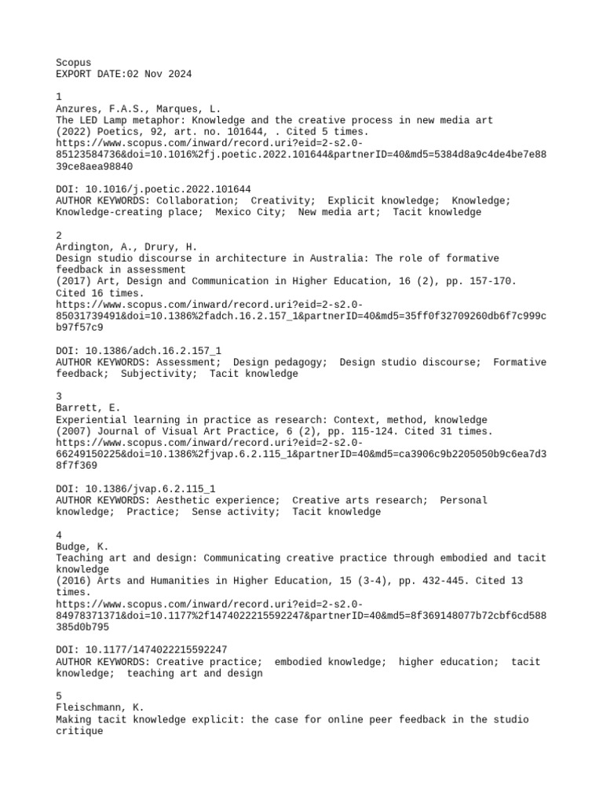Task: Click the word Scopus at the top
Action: pyautogui.click(x=74, y=62)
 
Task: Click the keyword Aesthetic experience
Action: pyautogui.click(x=217, y=500)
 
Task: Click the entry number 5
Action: pyautogui.click(x=59, y=696)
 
